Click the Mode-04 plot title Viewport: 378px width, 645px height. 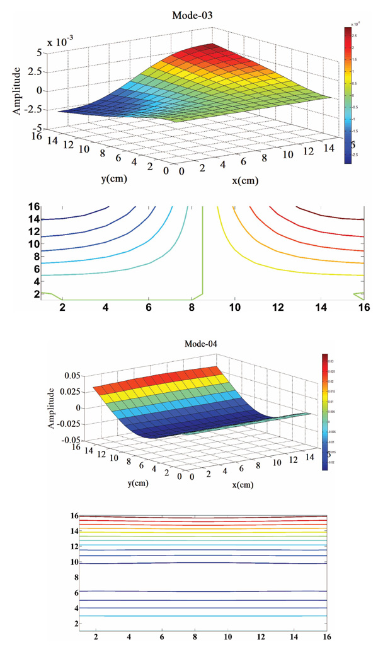point(201,344)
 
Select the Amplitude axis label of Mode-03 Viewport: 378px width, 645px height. point(17,90)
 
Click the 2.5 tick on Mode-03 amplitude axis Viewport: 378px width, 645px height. point(32,72)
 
